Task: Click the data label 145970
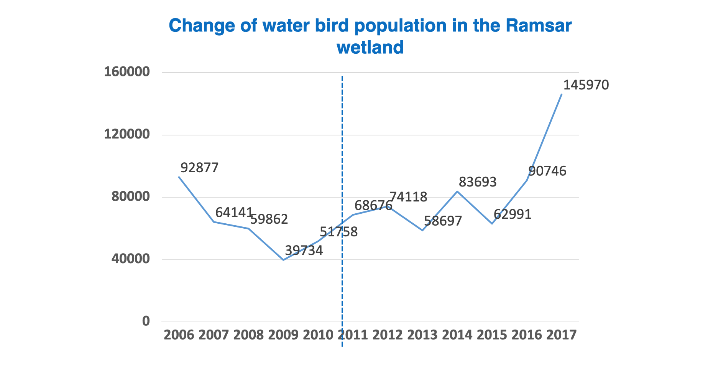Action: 586,85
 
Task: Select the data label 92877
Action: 199,168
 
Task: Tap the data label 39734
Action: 304,251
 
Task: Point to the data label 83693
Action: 478,182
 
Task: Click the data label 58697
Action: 443,221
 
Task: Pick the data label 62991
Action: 513,214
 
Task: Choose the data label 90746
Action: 547,171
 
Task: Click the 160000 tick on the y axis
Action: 127,72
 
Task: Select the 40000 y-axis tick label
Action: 131,259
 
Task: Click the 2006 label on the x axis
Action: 179,335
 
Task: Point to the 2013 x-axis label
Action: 422,335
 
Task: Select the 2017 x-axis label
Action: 562,335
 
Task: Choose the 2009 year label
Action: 283,335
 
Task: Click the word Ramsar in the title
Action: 539,26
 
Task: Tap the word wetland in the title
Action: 370,48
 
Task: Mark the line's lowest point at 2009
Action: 283,260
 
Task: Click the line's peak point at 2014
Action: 457,191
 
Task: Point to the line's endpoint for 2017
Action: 562,94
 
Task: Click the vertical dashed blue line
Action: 342,211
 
